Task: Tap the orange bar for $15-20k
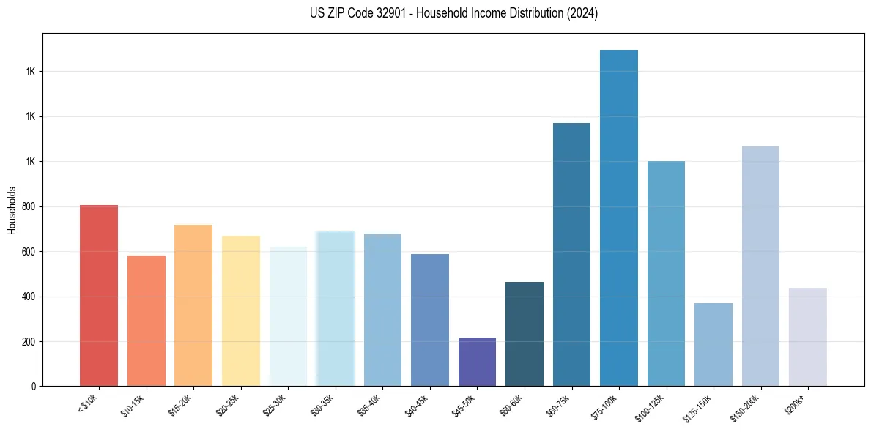pyautogui.click(x=193, y=305)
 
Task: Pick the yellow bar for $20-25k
pyautogui.click(x=240, y=310)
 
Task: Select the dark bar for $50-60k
pyautogui.click(x=525, y=334)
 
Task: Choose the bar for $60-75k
pyautogui.click(x=571, y=254)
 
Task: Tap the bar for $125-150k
pyautogui.click(x=714, y=344)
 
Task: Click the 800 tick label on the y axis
pyautogui.click(x=27, y=206)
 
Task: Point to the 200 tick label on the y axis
pyautogui.click(x=27, y=342)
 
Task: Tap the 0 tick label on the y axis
pyautogui.click(x=32, y=387)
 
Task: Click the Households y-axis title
pyautogui.click(x=12, y=210)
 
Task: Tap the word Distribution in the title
pyautogui.click(x=510, y=13)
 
